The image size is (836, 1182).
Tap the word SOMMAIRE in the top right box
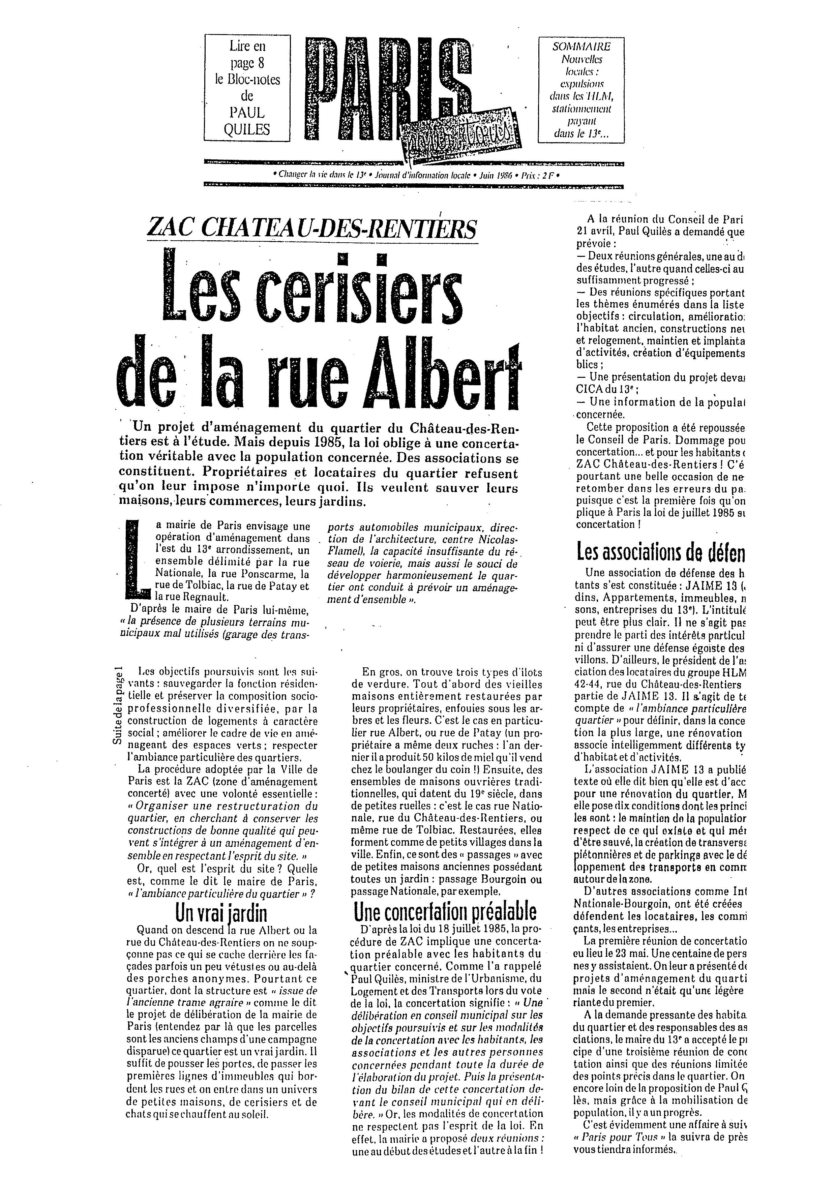pos(581,46)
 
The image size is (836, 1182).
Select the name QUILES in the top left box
pos(247,129)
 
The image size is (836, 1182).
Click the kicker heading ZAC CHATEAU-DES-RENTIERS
pos(312,229)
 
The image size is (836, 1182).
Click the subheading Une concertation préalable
pos(445,912)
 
